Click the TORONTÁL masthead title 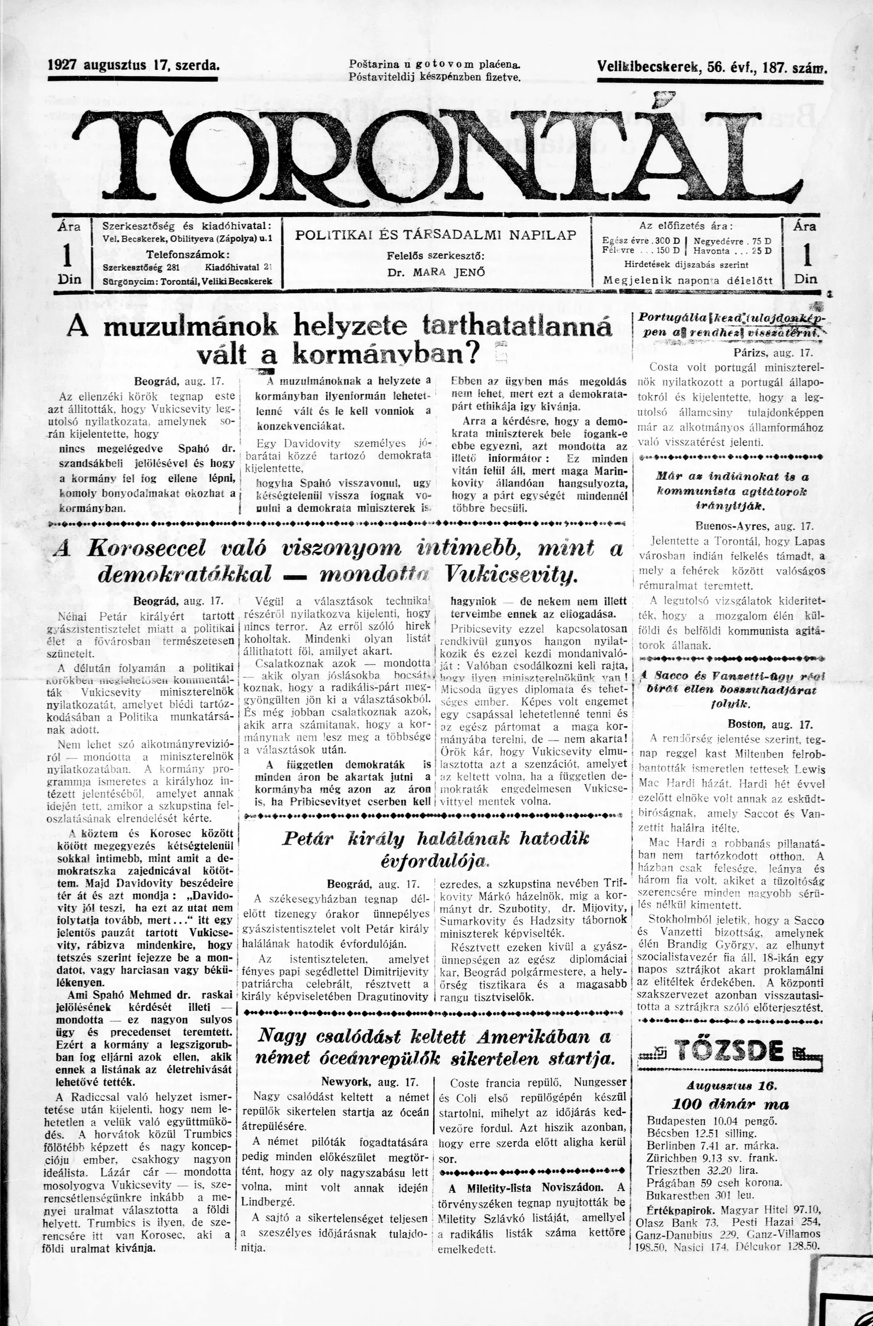pos(436,153)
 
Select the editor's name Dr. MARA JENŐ pos(436,273)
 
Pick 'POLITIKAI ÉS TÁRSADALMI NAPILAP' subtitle pos(435,235)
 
